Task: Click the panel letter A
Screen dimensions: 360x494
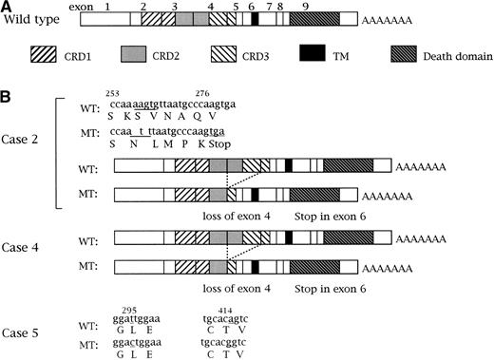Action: pyautogui.click(x=7, y=7)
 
